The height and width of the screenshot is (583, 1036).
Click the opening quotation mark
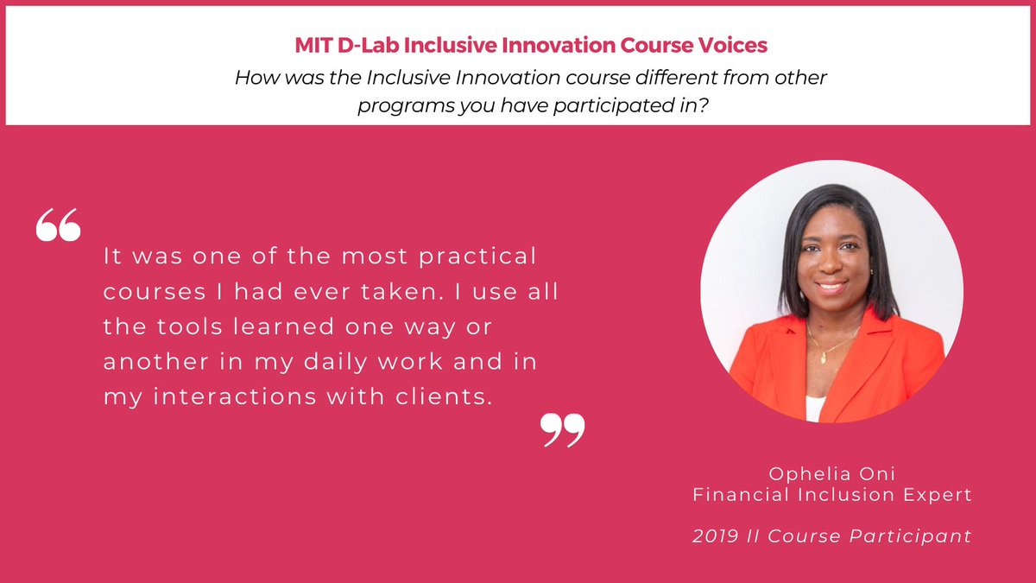(x=58, y=225)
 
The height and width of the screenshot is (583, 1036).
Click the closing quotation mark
(x=562, y=429)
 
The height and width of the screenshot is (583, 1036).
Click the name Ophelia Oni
(x=831, y=473)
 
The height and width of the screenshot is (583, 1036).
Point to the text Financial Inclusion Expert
(x=831, y=495)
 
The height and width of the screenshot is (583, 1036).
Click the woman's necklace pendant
(x=823, y=357)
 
